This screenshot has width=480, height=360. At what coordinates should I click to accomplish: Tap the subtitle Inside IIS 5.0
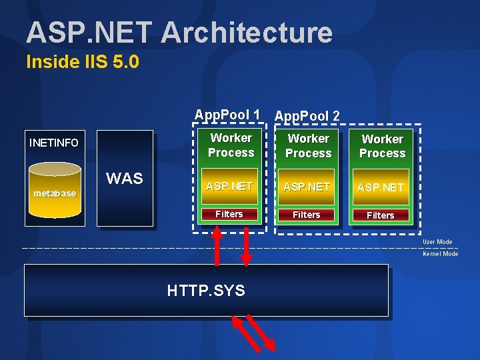tap(82, 63)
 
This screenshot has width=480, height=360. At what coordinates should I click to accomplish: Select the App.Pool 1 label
tap(227, 115)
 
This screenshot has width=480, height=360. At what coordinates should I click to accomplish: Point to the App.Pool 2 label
tap(307, 115)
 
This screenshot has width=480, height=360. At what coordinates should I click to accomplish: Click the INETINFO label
tap(54, 143)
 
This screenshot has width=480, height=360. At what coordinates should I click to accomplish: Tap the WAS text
tap(125, 179)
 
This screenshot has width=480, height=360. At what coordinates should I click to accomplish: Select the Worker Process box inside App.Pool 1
tap(231, 145)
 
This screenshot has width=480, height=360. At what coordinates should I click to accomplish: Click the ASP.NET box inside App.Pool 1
tap(229, 187)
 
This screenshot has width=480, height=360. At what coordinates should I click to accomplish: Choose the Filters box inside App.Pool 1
tap(229, 214)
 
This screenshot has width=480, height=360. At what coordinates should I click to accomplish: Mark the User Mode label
tap(437, 242)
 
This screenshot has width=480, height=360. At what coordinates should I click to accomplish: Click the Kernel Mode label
tap(440, 254)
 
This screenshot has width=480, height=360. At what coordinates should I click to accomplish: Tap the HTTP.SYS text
tap(206, 291)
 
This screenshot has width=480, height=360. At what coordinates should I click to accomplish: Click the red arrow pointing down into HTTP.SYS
tap(246, 247)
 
